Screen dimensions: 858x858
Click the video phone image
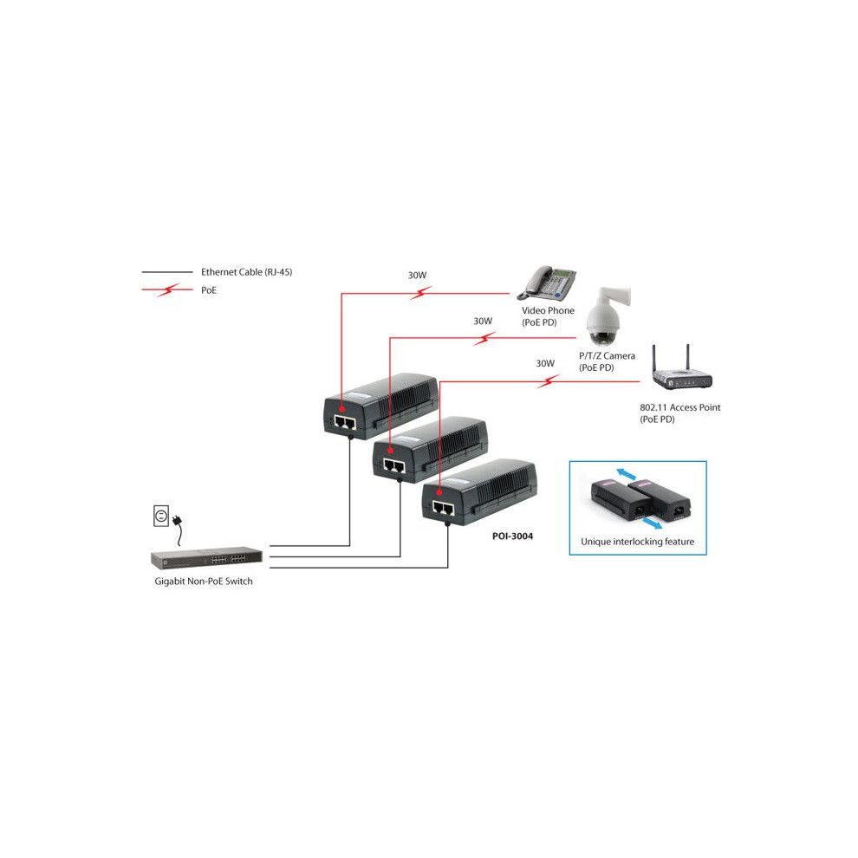546,283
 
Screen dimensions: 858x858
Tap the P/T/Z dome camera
607,316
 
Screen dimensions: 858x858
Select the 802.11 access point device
681,369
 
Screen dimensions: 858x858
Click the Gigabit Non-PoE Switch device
206,559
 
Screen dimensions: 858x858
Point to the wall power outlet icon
161,516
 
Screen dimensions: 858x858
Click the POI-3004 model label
512,536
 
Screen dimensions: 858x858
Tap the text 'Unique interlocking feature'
638,542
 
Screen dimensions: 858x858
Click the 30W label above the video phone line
417,276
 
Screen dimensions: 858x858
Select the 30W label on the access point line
545,363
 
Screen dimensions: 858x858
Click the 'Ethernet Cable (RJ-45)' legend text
246,272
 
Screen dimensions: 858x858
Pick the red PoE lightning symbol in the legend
168,289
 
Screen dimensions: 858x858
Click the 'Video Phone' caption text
548,310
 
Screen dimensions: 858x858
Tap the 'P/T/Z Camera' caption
607,355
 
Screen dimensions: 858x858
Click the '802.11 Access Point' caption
680,407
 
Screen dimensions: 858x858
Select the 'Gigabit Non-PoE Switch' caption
204,582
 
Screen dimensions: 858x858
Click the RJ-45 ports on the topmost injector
345,422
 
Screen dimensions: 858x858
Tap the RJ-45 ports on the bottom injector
443,509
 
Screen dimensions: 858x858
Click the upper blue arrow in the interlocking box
626,474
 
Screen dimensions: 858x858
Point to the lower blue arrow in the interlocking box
651,523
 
